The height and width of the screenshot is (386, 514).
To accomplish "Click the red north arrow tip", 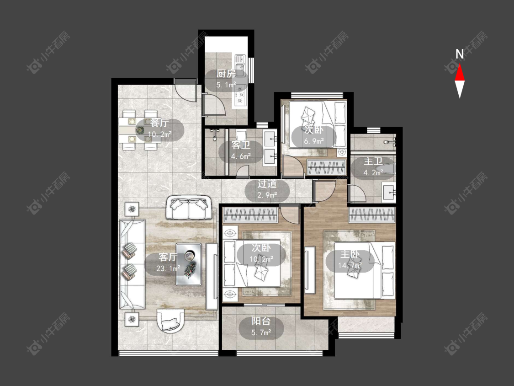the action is tap(460, 64).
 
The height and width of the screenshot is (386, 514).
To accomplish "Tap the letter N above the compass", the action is tap(460, 54).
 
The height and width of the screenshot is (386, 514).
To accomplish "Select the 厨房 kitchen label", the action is tap(226, 74).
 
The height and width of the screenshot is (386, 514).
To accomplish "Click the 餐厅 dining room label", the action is tap(159, 123).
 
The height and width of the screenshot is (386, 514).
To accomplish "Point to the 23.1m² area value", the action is tap(168, 268).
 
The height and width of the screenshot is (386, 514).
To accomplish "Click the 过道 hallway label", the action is tap(267, 184).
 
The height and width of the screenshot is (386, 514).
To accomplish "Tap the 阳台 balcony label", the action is tap(261, 322).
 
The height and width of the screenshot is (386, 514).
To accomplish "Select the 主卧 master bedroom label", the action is tap(350, 254).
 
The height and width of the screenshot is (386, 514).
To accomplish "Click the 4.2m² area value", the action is tap(373, 172).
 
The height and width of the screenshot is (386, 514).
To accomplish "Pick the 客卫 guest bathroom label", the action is tap(241, 145).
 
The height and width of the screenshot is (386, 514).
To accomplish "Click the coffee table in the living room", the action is tap(189, 264).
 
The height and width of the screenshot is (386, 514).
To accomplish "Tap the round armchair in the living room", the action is tap(170, 320).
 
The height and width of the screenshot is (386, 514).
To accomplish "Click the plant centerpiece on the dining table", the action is tap(140, 130).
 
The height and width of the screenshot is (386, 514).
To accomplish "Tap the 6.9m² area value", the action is tap(314, 141).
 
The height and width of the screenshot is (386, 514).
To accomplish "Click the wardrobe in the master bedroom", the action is tap(372, 215).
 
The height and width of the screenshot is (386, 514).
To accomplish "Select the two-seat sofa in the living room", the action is tap(189, 208).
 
